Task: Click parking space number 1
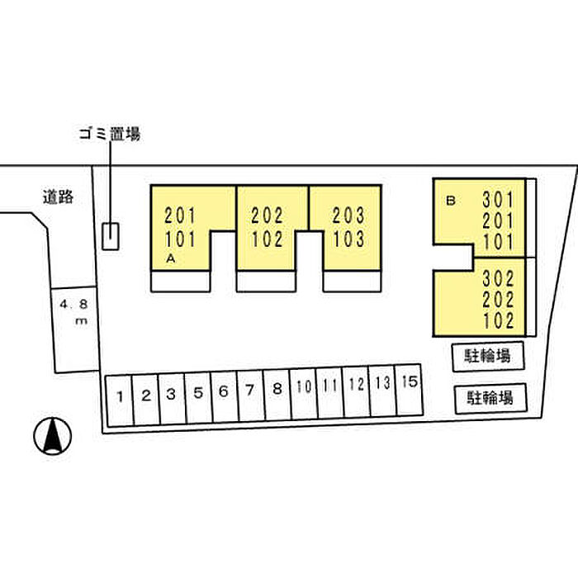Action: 120,396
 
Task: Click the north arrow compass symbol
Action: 53,435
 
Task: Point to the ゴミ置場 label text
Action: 109,133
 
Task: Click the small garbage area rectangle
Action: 110,236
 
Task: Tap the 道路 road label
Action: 59,197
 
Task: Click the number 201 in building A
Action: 180,217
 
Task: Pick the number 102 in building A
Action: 267,240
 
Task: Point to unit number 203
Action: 348,216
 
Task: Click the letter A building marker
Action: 170,258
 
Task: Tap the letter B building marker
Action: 451,200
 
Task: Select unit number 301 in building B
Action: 499,200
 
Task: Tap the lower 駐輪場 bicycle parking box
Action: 489,397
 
